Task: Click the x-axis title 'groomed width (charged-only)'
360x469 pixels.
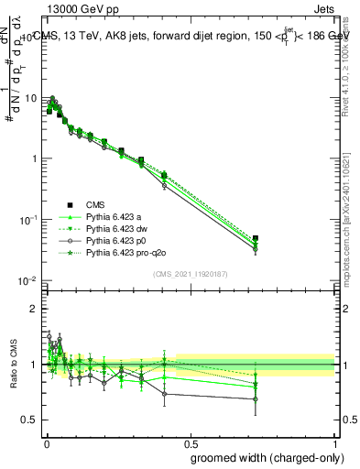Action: [x=262, y=456]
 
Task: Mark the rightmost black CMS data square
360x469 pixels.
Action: [x=256, y=239]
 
